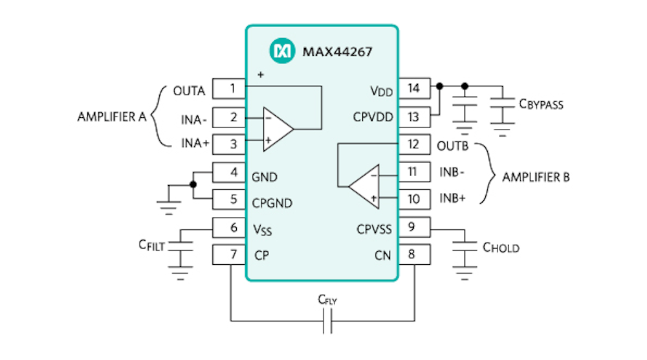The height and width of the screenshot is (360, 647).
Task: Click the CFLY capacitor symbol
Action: pos(327,320)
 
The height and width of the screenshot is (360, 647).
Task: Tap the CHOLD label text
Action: pos(501,247)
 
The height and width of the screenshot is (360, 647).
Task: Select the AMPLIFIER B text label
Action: pos(536,177)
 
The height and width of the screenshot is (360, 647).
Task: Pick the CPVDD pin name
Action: pos(373,117)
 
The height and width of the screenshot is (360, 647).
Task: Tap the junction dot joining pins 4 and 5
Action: pos(193,185)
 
